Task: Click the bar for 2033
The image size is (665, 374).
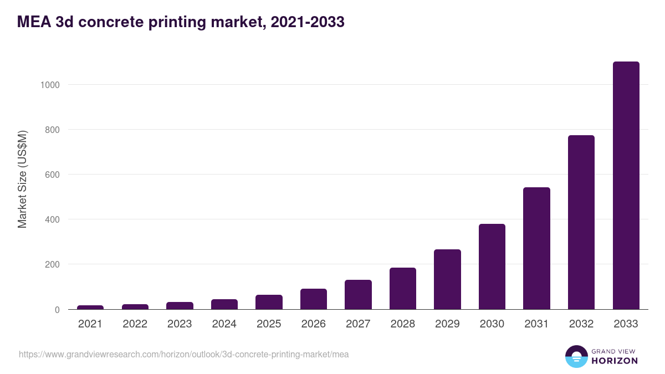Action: point(626,186)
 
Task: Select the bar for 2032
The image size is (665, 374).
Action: point(581,222)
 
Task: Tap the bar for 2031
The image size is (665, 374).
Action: point(536,248)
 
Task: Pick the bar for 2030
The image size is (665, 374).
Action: point(492,267)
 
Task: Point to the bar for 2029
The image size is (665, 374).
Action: point(447,279)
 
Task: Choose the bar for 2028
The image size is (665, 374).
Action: point(402,289)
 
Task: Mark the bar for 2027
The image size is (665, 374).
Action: point(358,295)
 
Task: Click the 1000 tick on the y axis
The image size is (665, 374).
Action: point(49,85)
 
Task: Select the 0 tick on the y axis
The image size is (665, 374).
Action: point(57,310)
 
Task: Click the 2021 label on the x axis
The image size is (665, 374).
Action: point(90,324)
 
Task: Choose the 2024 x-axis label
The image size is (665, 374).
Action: point(224,324)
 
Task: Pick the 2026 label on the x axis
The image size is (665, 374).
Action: point(313,324)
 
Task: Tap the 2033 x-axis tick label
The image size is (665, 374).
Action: point(626,324)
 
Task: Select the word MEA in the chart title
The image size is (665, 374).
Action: point(34,22)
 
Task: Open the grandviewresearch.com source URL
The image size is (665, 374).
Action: point(184,354)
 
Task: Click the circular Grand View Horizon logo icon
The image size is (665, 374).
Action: point(576,356)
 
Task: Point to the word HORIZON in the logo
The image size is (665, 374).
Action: point(615,361)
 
